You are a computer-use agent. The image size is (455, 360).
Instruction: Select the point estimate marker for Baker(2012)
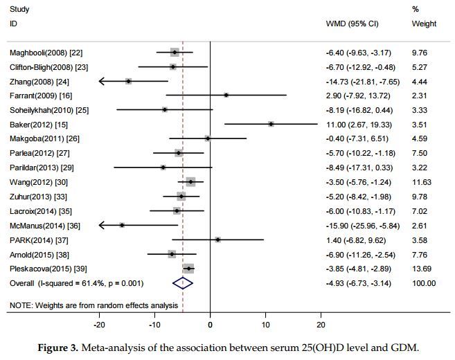pyautogui.click(x=271, y=125)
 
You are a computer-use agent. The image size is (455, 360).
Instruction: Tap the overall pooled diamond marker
pyautogui.click(x=182, y=283)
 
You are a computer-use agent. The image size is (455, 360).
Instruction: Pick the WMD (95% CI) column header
pyautogui.click(x=353, y=24)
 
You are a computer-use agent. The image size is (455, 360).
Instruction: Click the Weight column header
pyautogui.click(x=424, y=24)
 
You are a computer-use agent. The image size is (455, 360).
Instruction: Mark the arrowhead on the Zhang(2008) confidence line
pyautogui.click(x=101, y=81)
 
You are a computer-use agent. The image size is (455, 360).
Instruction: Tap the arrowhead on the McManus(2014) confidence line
pyautogui.click(x=101, y=226)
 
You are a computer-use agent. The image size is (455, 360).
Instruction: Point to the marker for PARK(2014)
pyautogui.click(x=217, y=240)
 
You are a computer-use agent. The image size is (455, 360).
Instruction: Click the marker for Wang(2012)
pyautogui.click(x=190, y=182)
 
